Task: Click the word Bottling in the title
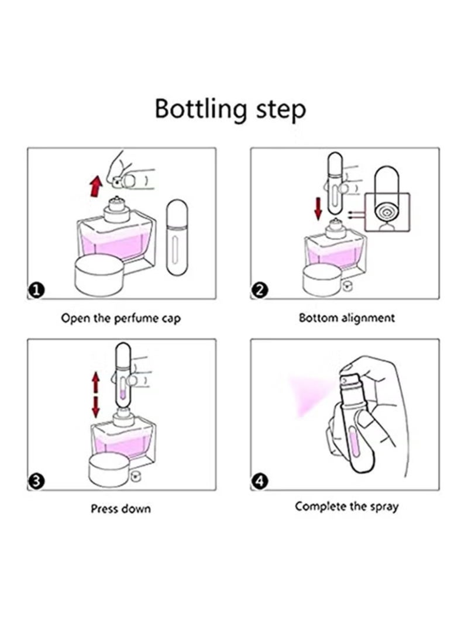coord(201,109)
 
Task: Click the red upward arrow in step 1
coord(95,187)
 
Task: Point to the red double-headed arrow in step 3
coord(95,395)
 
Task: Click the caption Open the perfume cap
coord(121,318)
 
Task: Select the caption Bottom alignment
coord(347,318)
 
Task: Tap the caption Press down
coord(121,509)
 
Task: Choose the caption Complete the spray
coord(347,506)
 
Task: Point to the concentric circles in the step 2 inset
coord(387,212)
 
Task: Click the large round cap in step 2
coord(323,280)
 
